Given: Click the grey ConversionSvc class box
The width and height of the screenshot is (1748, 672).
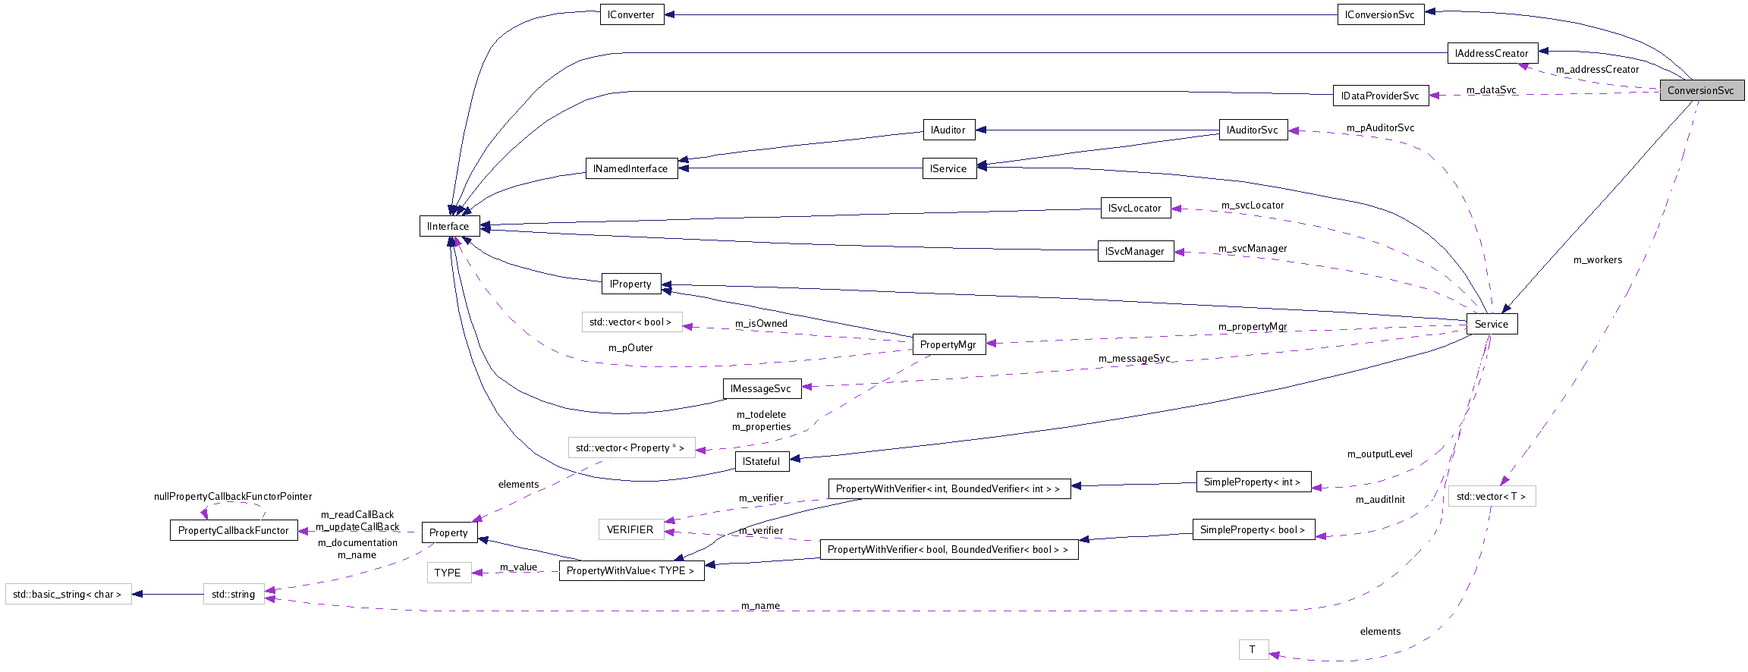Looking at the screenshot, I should [1701, 90].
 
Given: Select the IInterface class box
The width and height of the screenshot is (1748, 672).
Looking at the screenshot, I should [448, 226].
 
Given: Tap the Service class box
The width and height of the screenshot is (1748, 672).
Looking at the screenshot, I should [1491, 324].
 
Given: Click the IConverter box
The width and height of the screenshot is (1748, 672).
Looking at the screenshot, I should [631, 14].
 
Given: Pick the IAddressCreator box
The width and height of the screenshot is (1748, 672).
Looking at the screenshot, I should [1492, 53].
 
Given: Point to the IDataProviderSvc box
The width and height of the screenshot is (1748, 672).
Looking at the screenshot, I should [1380, 96].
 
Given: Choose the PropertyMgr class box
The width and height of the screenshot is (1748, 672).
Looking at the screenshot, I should [948, 344].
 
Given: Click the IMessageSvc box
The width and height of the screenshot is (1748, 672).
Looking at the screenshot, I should [761, 388].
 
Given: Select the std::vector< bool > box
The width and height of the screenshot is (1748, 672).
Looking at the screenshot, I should [631, 322].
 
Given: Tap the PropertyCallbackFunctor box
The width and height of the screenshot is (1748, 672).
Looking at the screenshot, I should [233, 530].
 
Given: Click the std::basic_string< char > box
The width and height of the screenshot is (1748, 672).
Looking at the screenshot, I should [68, 594].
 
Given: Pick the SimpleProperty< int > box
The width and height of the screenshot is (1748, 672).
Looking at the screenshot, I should [1253, 482].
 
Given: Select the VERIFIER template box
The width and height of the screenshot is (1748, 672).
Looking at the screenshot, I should [630, 529].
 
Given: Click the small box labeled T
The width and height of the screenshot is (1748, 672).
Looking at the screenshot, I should [1253, 649].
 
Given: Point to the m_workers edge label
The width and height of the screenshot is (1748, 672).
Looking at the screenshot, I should [1597, 260].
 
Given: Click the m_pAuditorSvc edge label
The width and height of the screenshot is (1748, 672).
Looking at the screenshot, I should [1380, 127].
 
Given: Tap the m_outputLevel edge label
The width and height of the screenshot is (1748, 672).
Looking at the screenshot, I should [1379, 454].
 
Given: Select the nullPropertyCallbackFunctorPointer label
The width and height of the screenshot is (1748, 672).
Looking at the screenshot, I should [233, 496].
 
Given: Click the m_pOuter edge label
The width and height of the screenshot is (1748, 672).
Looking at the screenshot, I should [630, 347].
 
